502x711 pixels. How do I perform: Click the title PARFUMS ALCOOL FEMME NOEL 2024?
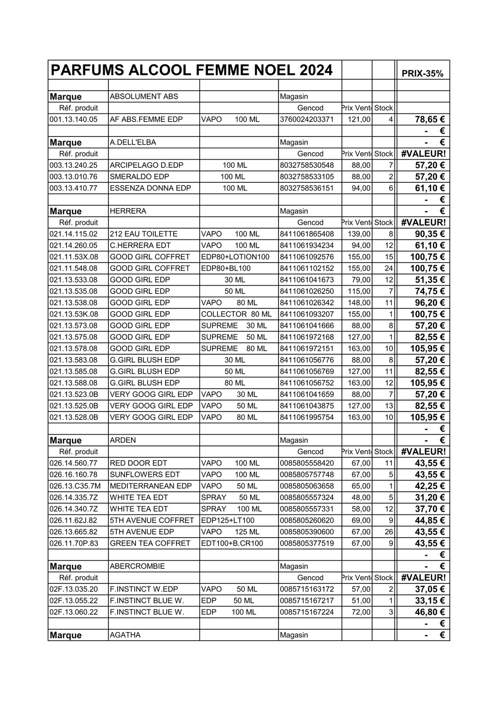[192, 70]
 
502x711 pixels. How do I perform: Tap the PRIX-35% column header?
[422, 74]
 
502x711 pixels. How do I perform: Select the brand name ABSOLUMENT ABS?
[144, 96]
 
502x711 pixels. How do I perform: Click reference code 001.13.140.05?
[73, 119]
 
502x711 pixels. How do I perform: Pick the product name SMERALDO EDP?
[139, 177]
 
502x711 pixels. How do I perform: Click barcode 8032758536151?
[307, 188]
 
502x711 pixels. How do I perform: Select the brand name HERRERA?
[128, 211]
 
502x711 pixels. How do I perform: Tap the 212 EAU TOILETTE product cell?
[143, 234]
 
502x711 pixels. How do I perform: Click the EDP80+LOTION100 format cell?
[235, 257]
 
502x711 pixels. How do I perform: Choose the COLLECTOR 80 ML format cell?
[236, 314]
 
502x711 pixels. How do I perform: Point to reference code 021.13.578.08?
[73, 348]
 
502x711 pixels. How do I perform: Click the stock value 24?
[389, 268]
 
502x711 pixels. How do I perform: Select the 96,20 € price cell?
[430, 303]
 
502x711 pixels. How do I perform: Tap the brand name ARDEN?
[123, 440]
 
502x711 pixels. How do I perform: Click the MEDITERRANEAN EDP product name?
[151, 486]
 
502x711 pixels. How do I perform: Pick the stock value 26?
[389, 532]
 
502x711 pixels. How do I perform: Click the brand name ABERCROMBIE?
[137, 566]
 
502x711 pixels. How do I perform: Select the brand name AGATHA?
[125, 635]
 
